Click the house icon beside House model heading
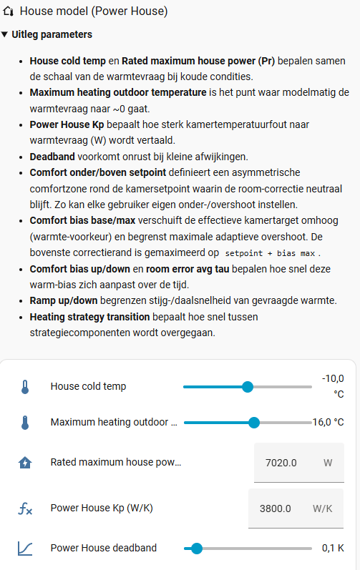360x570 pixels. click(x=9, y=11)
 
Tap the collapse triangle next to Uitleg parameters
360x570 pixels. click(x=5, y=34)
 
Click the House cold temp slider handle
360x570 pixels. click(x=248, y=387)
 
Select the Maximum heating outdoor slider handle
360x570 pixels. click(x=253, y=423)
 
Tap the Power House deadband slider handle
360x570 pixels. click(x=197, y=549)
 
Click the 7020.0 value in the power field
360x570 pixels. click(x=281, y=463)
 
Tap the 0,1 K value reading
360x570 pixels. click(x=333, y=549)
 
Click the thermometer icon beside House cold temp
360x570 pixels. click(x=25, y=387)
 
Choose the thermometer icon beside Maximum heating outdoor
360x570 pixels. click(x=25, y=423)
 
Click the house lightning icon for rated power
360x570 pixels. click(x=25, y=463)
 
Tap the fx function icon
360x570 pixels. click(x=25, y=509)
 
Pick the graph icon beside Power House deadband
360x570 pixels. click(x=25, y=549)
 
